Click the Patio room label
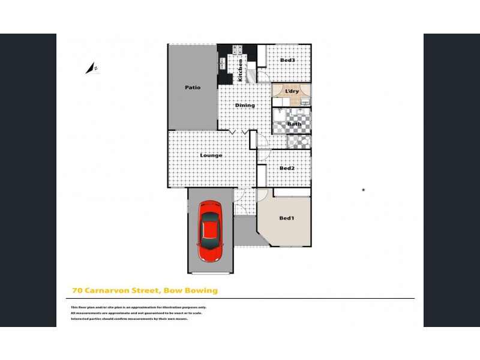(x=192, y=88)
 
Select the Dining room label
(x=245, y=106)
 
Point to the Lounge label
(x=211, y=155)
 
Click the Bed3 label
(x=287, y=61)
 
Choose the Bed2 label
(x=287, y=168)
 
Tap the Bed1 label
(x=287, y=218)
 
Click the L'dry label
(x=292, y=91)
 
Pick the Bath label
(x=294, y=124)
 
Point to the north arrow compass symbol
(x=93, y=69)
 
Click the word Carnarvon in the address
(x=110, y=291)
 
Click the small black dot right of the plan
(x=364, y=190)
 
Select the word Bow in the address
(x=172, y=291)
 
